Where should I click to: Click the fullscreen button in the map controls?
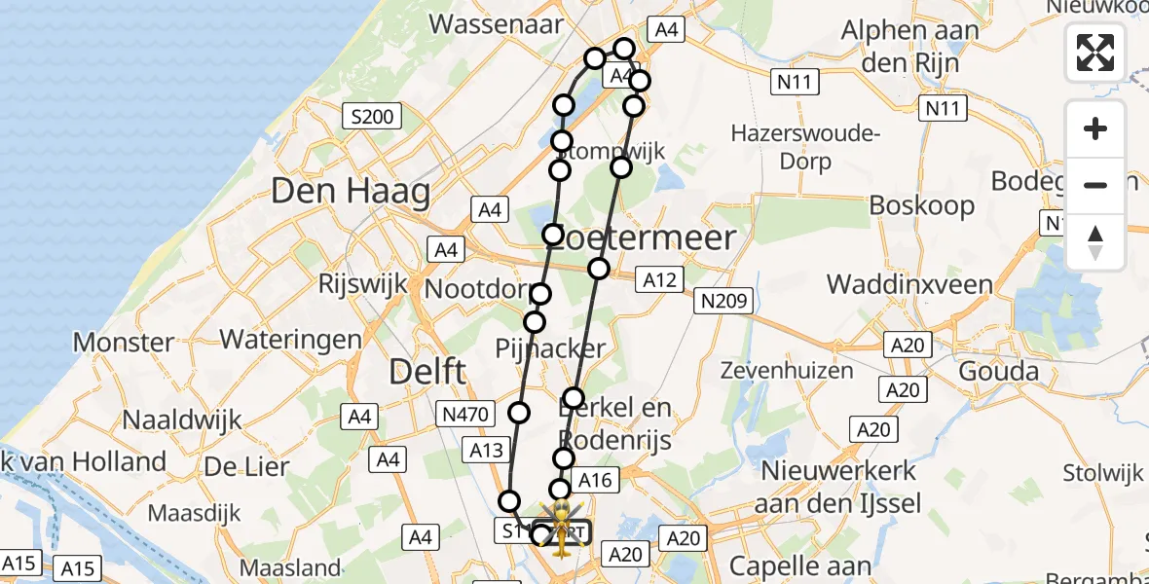1095,53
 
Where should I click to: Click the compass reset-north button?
1095,242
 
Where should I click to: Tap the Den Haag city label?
351,191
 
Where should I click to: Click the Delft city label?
427,371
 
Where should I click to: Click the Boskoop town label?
922,205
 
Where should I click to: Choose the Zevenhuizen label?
786,370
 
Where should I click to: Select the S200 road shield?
372,118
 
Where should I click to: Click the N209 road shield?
722,302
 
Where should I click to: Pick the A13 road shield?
486,450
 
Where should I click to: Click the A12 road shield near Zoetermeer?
658,280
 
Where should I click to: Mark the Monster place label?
124,342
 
